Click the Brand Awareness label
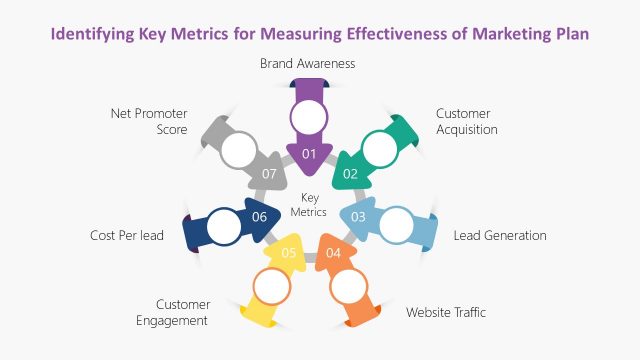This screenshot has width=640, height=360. pos(308,63)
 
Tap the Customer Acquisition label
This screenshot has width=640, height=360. pos(466,121)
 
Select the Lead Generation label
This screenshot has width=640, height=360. pos(500,236)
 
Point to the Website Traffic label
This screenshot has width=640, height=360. pos(446,312)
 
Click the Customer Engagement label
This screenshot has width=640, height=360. pos(181,312)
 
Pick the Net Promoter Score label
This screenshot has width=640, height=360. pos(149,121)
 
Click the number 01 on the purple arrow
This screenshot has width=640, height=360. pos(308,154)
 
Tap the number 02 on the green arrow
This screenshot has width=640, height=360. pos(351,173)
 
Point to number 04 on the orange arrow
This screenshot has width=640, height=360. pos(333,252)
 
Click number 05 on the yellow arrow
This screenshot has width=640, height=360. pos(288,252)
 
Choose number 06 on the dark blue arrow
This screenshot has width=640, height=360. pos(260,217)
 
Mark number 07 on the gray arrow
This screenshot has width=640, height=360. pos(269,173)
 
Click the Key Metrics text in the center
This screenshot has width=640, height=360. pos(309,204)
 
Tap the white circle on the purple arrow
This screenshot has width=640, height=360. pos(308,117)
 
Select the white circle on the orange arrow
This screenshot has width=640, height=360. pos(349,287)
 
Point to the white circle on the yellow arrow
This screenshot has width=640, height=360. pos(271,287)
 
